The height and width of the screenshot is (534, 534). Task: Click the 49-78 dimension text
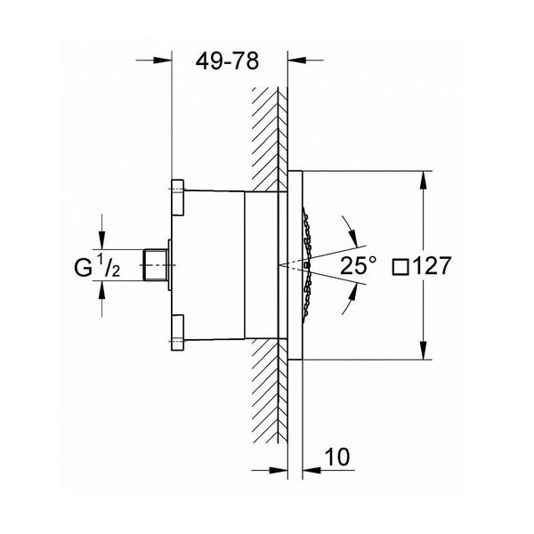[227, 61]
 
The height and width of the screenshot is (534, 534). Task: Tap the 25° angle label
[359, 265]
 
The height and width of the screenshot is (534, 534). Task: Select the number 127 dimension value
[432, 265]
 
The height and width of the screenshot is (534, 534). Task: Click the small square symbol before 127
[400, 267]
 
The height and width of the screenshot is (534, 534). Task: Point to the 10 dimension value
[337, 457]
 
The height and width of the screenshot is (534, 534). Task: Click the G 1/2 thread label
[97, 266]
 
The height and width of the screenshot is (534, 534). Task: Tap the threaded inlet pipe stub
[155, 265]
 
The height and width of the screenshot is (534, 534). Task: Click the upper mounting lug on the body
[177, 198]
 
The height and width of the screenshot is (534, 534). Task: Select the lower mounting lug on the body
[177, 333]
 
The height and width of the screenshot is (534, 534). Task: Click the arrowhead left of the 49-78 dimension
[162, 61]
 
